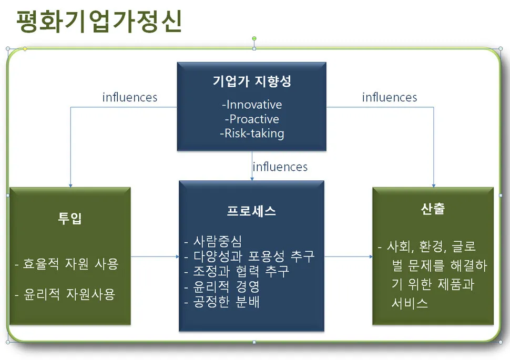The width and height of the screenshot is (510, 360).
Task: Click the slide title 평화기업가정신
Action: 99,22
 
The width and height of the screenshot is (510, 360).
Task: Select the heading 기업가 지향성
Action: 252,81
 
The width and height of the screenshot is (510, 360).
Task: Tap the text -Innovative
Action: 252,105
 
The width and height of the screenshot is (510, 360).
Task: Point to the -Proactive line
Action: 252,119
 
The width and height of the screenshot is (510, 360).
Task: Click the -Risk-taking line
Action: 252,133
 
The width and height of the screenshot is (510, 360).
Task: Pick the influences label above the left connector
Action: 130,97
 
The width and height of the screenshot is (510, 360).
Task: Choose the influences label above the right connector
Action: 389,97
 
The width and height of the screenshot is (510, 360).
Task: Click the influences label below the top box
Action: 280,167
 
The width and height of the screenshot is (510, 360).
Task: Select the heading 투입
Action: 70,218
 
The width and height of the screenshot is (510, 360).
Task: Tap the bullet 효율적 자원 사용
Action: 67,264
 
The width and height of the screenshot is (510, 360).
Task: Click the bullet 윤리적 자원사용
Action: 65,294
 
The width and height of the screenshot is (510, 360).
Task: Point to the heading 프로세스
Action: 251,211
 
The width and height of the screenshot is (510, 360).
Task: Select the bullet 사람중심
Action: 213,241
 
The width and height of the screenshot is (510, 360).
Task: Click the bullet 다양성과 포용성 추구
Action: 249,256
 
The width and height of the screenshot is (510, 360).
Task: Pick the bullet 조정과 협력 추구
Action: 237,271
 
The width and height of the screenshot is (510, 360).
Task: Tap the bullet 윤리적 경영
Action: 222,286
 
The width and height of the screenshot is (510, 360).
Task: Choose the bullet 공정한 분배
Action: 222,302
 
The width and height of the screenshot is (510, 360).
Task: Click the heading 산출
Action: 433,209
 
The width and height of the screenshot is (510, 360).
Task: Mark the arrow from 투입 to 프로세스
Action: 155,256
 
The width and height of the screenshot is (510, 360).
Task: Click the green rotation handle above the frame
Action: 254,39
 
